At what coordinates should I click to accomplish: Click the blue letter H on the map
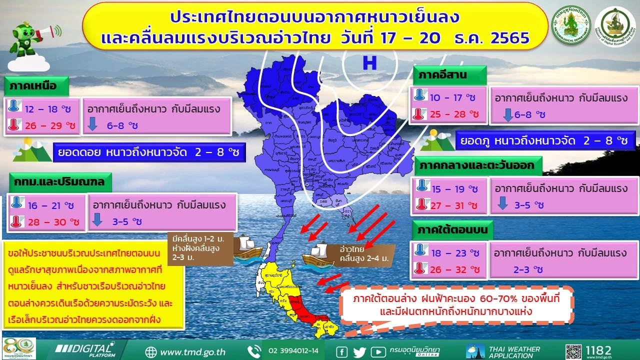point(369,63)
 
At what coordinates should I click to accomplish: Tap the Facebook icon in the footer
point(342,351)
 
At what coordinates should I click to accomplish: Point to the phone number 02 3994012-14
point(293,351)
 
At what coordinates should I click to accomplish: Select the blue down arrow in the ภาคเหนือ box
point(93,125)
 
